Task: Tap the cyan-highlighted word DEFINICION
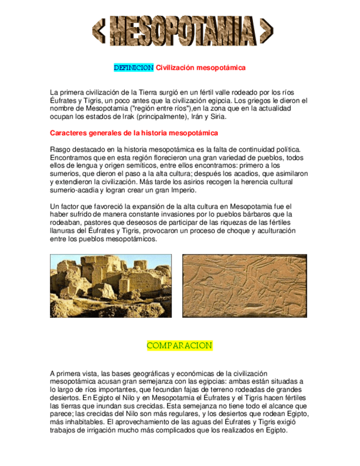tap(134, 68)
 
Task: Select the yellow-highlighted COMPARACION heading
tap(179, 346)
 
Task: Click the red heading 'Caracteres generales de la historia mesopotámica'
tap(134, 133)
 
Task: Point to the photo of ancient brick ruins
tap(110, 286)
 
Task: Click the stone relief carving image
tap(244, 286)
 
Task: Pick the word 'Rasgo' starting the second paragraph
tap(60, 149)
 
